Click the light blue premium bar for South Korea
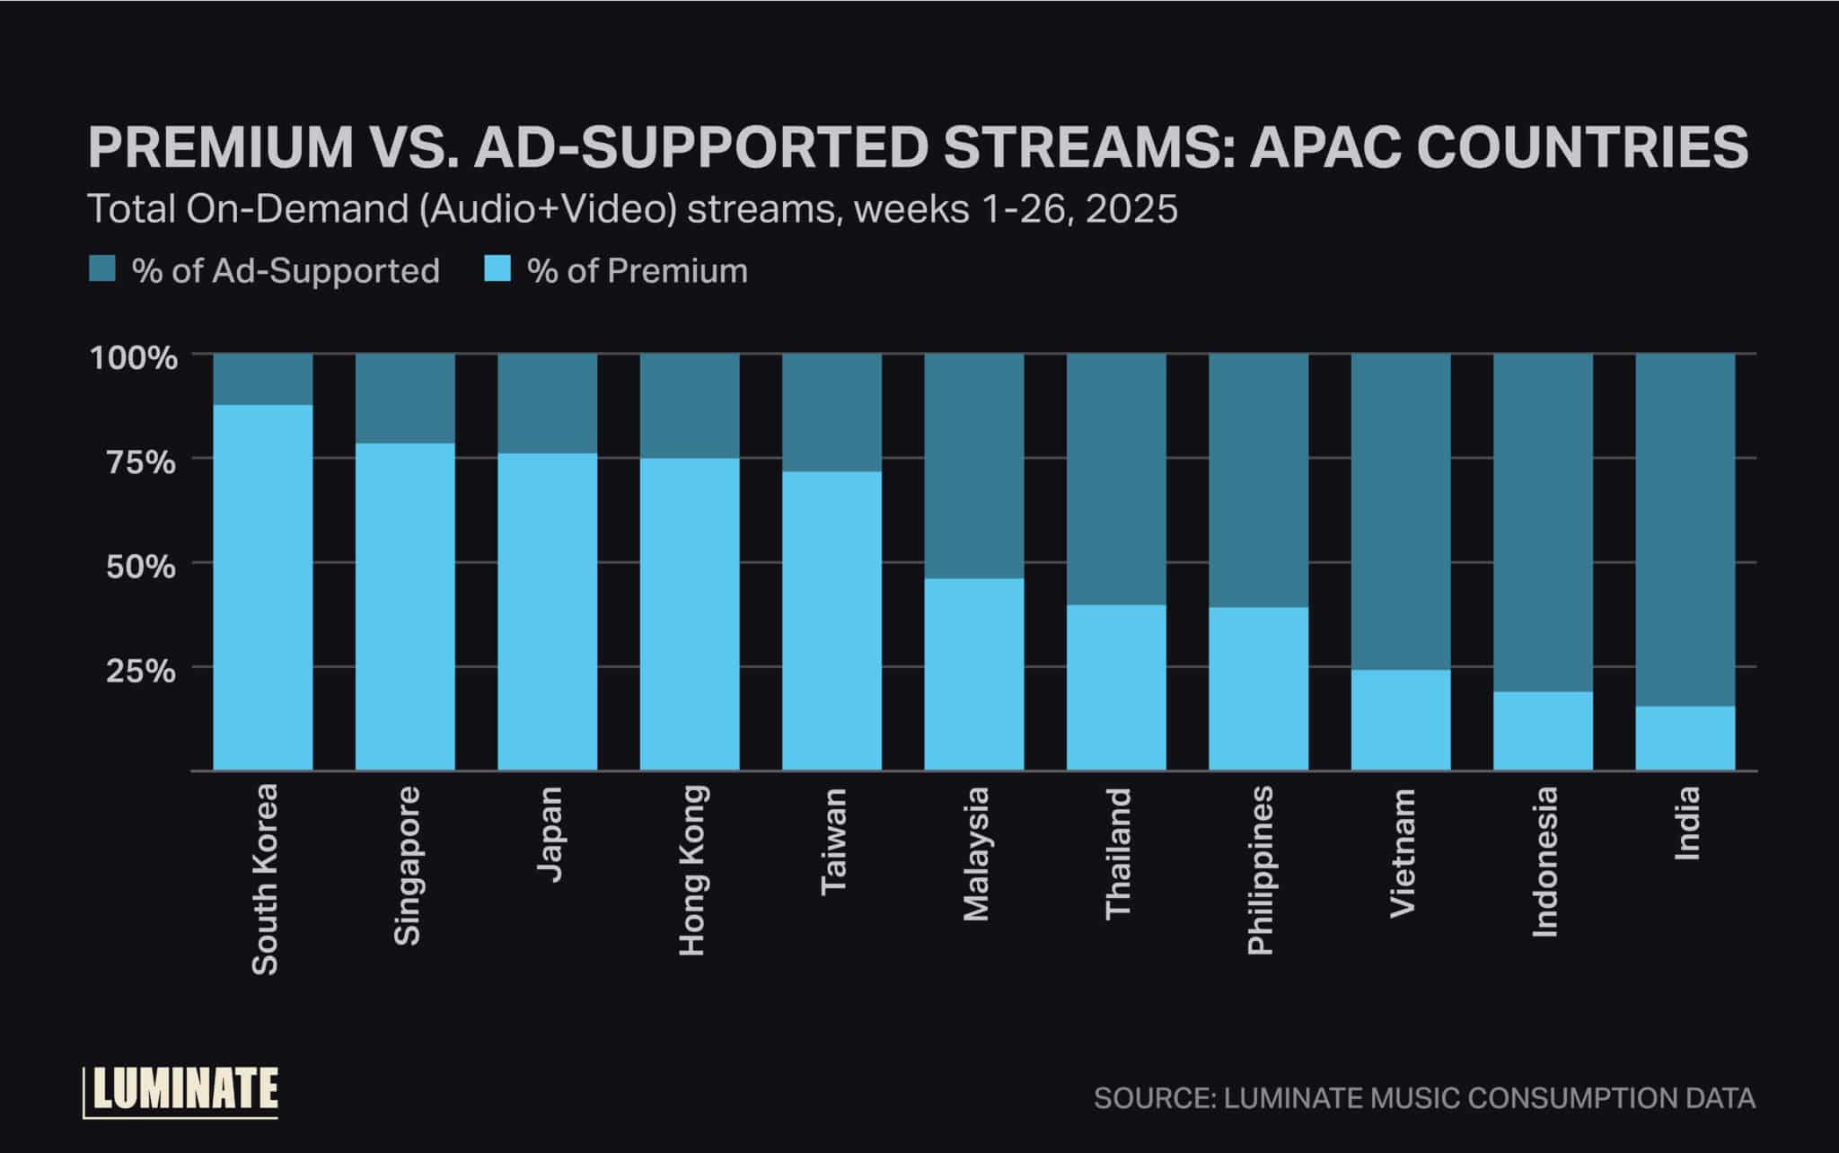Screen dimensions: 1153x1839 point(263,588)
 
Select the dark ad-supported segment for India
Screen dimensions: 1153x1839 point(1685,530)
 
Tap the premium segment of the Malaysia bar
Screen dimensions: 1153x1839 point(974,673)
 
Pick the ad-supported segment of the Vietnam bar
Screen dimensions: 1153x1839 point(1401,512)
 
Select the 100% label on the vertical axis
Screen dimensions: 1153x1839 point(135,358)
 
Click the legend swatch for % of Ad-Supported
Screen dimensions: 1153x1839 point(101,269)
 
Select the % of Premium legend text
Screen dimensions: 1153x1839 point(637,270)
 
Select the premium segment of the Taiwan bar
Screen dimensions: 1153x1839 point(832,620)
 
